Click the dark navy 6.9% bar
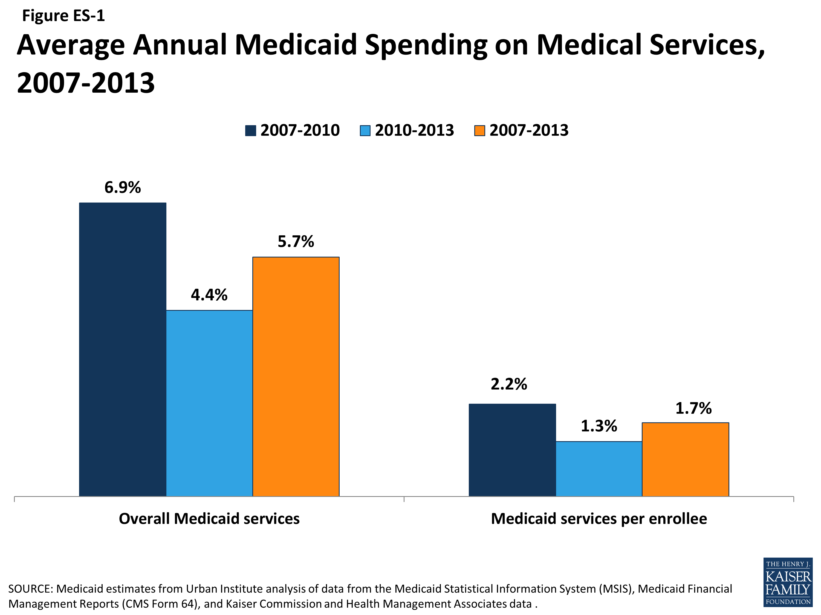pos(123,349)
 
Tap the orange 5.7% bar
pos(296,376)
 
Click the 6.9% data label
pos(123,188)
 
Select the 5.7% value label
pos(296,242)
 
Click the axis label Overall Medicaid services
pos(209,519)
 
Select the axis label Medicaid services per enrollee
pos(599,519)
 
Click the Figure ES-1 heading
pos(63,16)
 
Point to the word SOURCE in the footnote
pos(30,589)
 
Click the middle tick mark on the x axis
pos(404,499)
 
